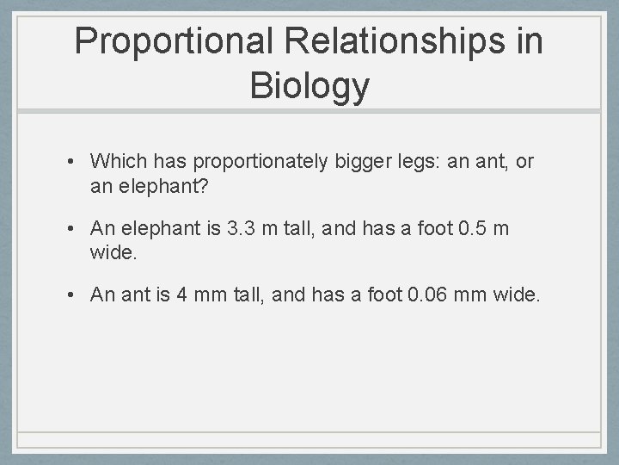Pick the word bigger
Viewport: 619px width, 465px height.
pyautogui.click(x=358, y=161)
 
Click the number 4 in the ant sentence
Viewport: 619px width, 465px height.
pyautogui.click(x=181, y=295)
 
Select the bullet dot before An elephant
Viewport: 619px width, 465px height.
pyautogui.click(x=77, y=229)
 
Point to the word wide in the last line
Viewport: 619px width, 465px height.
pyautogui.click(x=514, y=295)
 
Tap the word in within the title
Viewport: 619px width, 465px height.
pyautogui.click(x=526, y=41)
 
